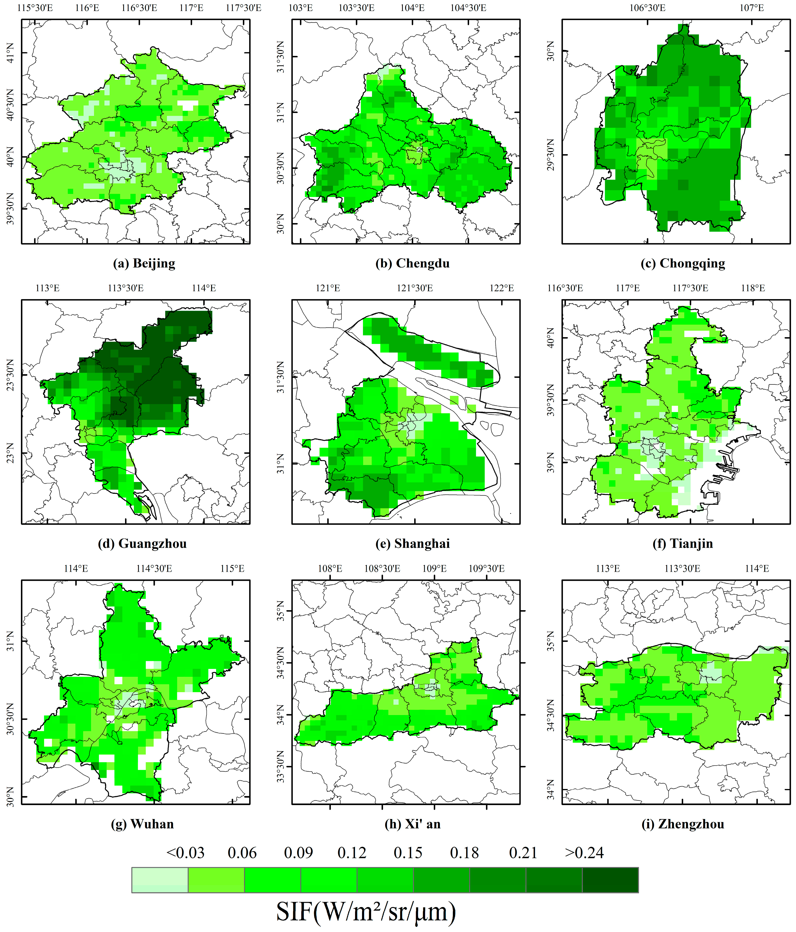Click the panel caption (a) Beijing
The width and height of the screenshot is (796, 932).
click(x=144, y=263)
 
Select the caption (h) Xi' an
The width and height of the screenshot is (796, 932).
click(x=412, y=824)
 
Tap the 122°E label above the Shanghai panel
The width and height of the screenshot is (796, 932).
click(x=501, y=288)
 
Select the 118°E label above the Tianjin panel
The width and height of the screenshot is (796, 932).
click(x=753, y=288)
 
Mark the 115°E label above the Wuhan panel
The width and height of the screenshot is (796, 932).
click(x=232, y=569)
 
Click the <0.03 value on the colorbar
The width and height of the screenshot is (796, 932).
click(x=185, y=853)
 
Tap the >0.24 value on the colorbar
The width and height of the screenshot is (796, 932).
click(x=584, y=853)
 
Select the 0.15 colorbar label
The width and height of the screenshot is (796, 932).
click(x=408, y=853)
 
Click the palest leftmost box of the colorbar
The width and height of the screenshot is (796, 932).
click(x=160, y=880)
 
